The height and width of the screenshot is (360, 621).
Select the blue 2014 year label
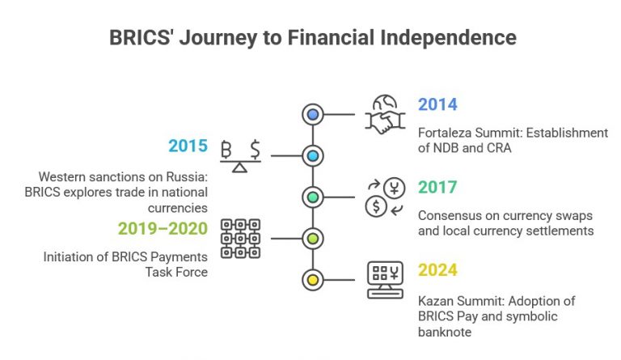(x=437, y=104)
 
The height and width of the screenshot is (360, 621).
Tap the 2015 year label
(x=188, y=146)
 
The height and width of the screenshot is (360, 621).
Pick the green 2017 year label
(x=437, y=188)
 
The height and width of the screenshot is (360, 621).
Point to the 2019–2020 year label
(x=163, y=229)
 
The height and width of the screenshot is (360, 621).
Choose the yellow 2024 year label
(x=437, y=271)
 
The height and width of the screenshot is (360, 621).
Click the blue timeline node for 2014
(x=312, y=113)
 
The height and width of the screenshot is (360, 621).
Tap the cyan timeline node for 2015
(x=312, y=155)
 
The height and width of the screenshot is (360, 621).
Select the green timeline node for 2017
(x=312, y=197)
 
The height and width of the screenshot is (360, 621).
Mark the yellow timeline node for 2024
(x=312, y=281)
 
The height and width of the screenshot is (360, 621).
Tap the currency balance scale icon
(x=241, y=156)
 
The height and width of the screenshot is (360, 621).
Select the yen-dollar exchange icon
(x=386, y=197)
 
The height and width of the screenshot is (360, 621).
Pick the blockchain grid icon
(x=241, y=238)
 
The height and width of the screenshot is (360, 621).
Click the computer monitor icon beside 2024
(x=386, y=280)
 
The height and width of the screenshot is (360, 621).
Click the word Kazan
(x=435, y=300)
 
